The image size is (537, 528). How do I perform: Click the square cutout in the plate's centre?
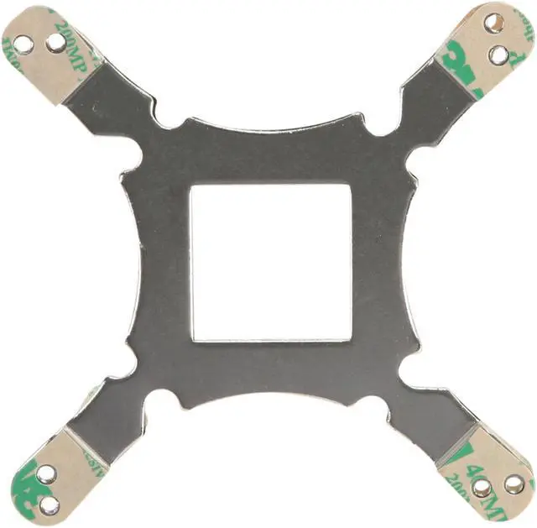tap(270, 262)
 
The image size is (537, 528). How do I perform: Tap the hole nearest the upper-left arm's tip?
tap(25, 44)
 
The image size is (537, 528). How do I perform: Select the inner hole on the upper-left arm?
tap(55, 40)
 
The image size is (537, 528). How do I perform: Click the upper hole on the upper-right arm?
tap(495, 23)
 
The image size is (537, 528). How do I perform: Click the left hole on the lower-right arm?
tap(482, 488)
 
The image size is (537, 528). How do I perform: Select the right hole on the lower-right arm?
tap(514, 484)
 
